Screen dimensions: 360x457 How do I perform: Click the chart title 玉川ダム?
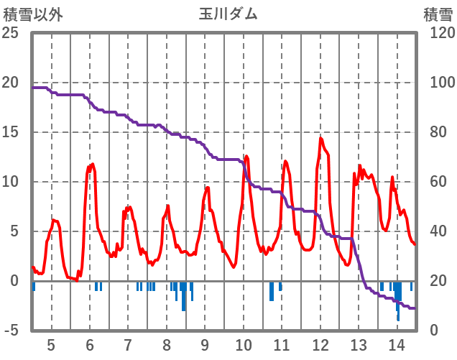pyautogui.click(x=228, y=14)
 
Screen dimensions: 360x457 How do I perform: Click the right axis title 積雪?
pyautogui.click(x=437, y=14)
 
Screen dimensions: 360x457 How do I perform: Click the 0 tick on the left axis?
pyautogui.click(x=14, y=281)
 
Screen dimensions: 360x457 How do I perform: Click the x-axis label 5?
pyautogui.click(x=51, y=343)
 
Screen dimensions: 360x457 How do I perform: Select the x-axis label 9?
pyautogui.click(x=205, y=343)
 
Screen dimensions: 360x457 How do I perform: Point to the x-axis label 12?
pyautogui.click(x=320, y=343)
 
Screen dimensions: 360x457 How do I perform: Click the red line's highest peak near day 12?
pyautogui.click(x=320, y=139)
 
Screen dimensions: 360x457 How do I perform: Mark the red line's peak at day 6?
pyautogui.click(x=92, y=165)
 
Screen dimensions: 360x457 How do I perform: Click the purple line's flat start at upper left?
pyautogui.click(x=40, y=88)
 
